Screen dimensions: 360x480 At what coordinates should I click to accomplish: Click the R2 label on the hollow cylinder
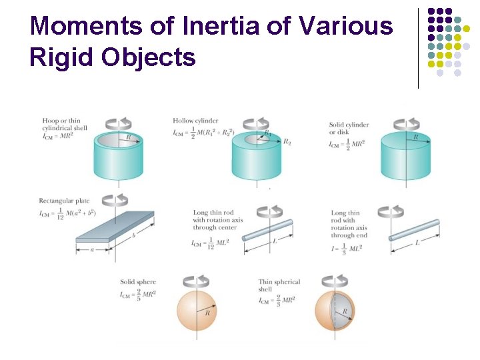click(x=287, y=141)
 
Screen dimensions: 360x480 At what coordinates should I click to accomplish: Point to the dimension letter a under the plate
click(x=92, y=251)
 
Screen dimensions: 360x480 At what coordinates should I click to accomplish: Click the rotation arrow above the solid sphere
click(x=197, y=281)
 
